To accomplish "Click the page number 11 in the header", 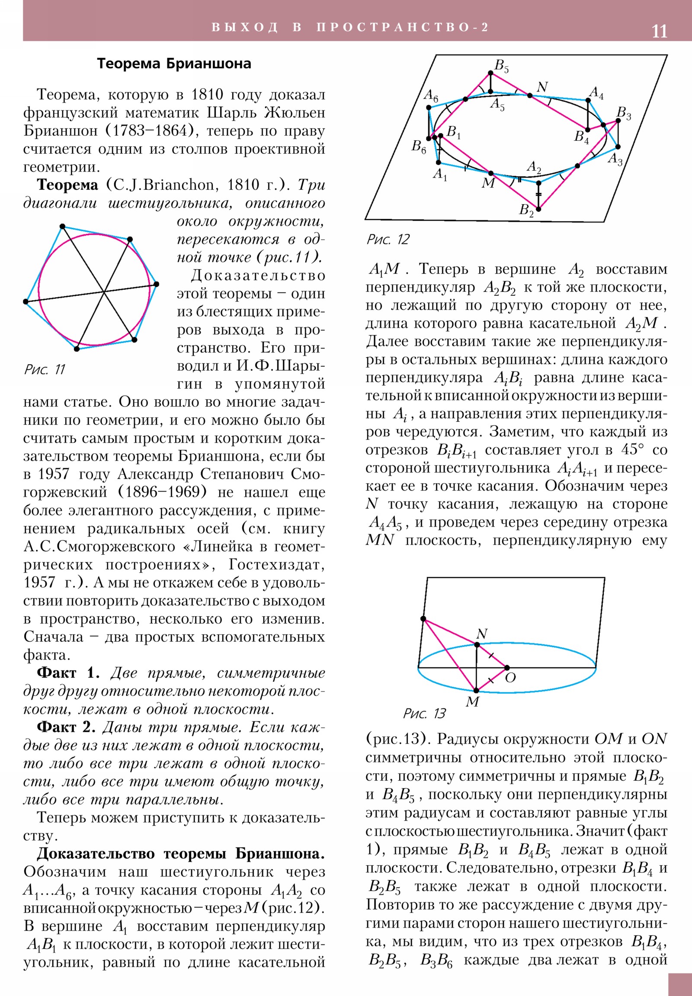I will tap(660, 32).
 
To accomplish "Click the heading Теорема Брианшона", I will tap(174, 64).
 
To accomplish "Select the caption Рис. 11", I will tap(45, 369).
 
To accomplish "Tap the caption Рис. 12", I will tap(388, 239).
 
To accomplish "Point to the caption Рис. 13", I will tap(424, 714).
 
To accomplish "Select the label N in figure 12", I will tap(542, 87).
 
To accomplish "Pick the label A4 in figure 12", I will tap(596, 92).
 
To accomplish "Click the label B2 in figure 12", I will tap(526, 210).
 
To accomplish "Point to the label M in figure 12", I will tap(488, 183).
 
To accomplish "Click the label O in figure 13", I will tap(510, 678).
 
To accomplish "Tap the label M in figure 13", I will tap(472, 702).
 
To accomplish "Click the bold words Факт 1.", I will tap(68, 673).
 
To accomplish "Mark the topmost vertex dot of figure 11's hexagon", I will tap(62, 226).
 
